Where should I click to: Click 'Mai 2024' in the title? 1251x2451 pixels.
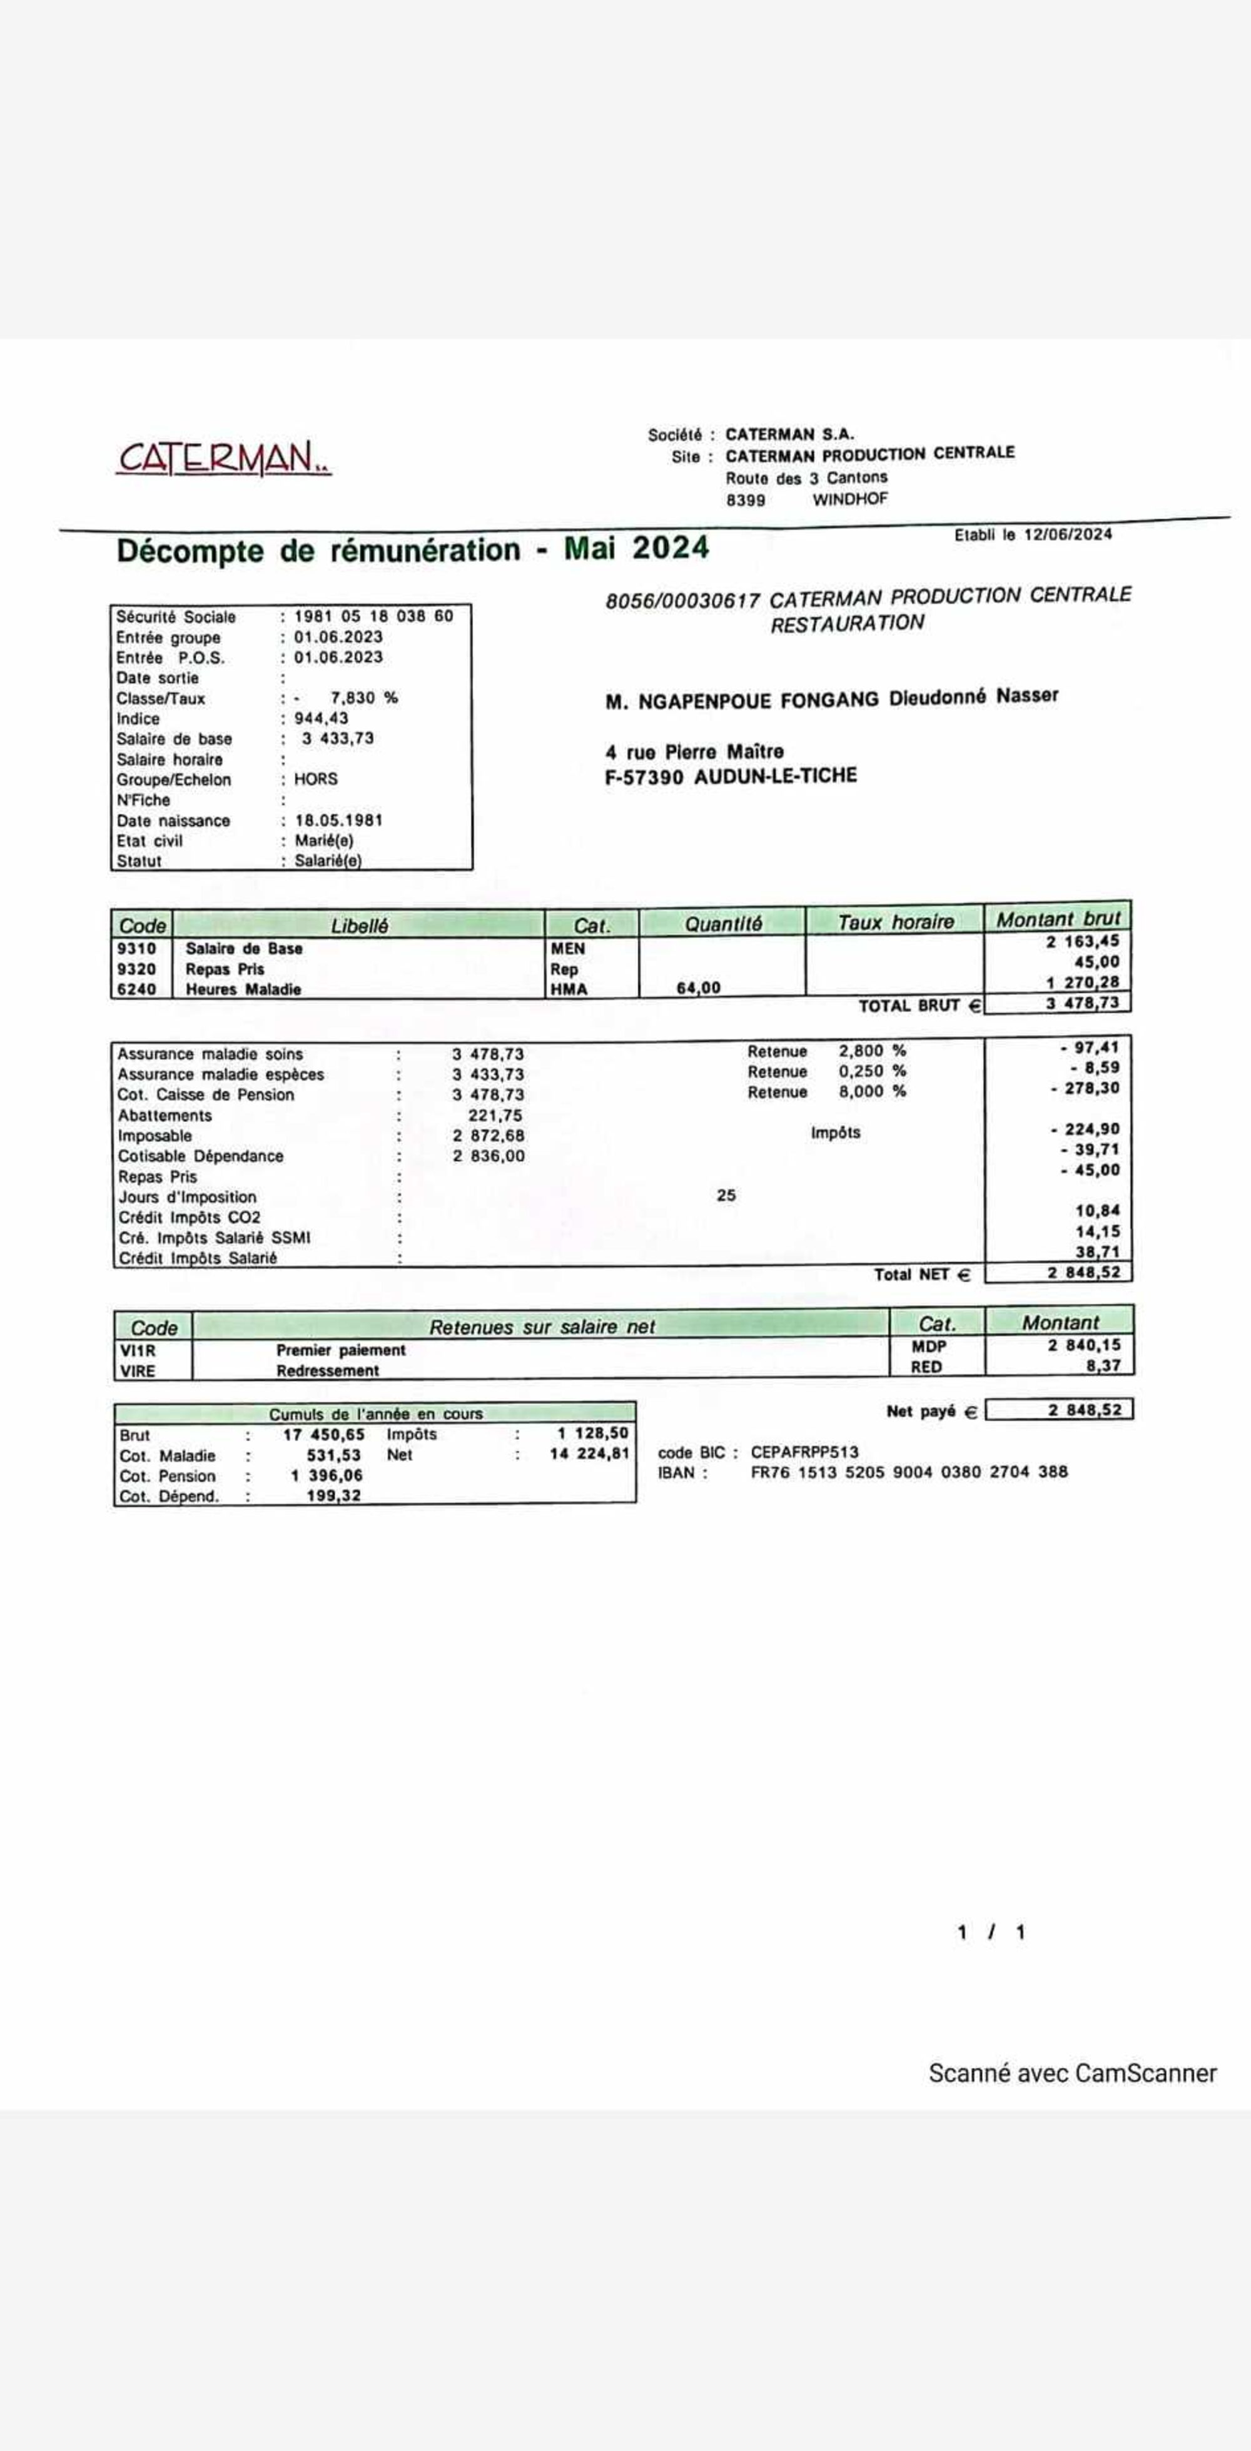[x=636, y=548]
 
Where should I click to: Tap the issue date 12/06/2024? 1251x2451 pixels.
[x=1067, y=534]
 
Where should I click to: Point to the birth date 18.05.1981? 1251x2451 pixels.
[x=338, y=820]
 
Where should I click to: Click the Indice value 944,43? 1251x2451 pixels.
[x=321, y=718]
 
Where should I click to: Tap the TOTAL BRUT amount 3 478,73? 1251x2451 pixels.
[x=1083, y=1003]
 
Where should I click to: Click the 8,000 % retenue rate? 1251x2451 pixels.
[x=871, y=1091]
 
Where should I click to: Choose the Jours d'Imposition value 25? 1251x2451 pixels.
[x=726, y=1195]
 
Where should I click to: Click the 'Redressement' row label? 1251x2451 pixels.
[x=327, y=1371]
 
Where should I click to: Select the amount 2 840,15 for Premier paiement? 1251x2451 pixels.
[x=1085, y=1345]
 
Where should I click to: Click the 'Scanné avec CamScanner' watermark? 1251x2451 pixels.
[x=1072, y=2073]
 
